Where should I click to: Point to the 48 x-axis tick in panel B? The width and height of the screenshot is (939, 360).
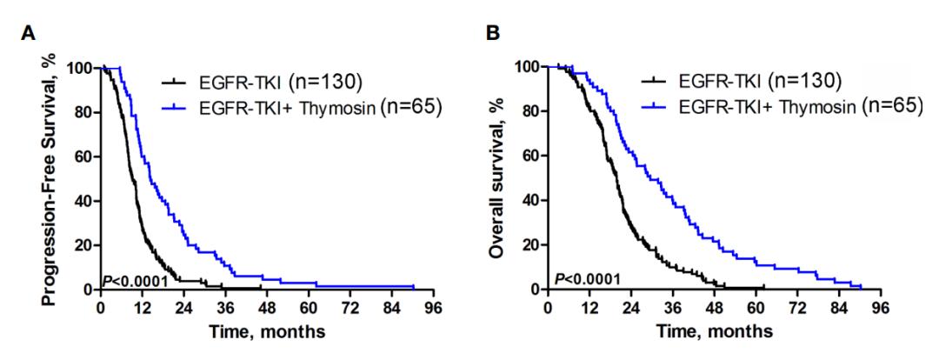pos(714,307)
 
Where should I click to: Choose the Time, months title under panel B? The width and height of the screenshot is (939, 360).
pos(713,330)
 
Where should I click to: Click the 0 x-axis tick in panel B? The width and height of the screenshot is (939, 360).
pos(548,307)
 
